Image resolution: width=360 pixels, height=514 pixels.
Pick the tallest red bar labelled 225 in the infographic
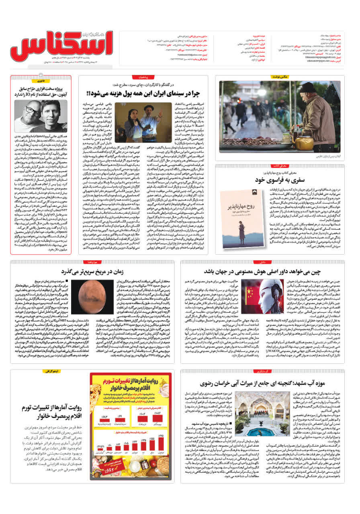(160, 442)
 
